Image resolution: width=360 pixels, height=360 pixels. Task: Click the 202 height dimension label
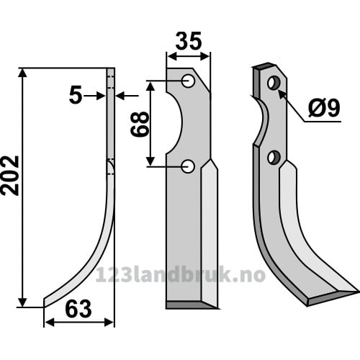point(10,176)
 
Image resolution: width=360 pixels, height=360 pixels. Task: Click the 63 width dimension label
point(78,309)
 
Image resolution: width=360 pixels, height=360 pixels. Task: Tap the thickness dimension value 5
point(76,96)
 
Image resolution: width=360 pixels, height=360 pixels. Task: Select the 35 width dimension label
point(189,41)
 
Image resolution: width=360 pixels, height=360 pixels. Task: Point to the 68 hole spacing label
point(140,124)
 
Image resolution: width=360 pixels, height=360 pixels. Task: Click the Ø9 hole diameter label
point(324,108)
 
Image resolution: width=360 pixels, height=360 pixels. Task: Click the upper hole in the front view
point(188,81)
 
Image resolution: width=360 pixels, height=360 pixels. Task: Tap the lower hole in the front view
point(188,166)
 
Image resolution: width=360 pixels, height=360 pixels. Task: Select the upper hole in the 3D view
point(274,83)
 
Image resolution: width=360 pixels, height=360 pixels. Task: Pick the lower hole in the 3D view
point(274,158)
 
